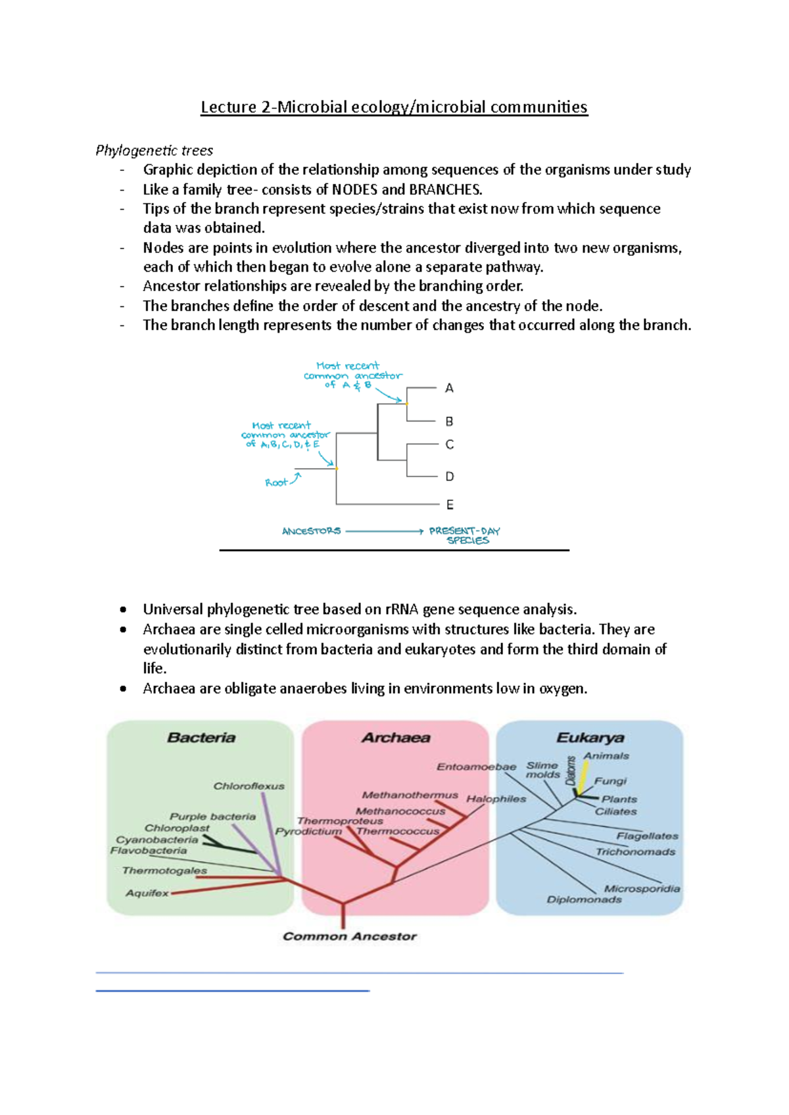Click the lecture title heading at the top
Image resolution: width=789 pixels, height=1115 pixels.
394,107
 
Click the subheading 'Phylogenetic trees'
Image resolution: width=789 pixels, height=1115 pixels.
155,151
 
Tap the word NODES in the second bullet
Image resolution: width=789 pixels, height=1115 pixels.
354,190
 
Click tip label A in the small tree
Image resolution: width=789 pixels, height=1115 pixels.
449,389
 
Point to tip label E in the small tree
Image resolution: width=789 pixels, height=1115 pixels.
450,505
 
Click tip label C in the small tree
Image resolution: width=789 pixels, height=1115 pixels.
450,445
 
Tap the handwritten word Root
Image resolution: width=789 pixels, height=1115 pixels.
276,483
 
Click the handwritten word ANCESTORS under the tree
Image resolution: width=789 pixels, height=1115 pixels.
311,531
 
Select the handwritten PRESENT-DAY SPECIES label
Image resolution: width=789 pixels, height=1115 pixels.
466,535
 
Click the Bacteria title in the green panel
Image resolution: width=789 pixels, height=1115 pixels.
201,738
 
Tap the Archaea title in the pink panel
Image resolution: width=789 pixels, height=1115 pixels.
396,738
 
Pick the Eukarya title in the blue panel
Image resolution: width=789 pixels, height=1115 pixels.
590,738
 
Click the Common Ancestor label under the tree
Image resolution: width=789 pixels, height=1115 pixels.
350,936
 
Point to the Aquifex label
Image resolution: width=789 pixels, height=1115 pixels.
147,893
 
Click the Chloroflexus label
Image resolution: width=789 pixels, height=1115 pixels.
249,786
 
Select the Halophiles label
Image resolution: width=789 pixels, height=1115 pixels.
496,799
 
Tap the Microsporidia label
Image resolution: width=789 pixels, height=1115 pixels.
642,888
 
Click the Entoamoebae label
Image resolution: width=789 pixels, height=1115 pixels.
476,767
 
